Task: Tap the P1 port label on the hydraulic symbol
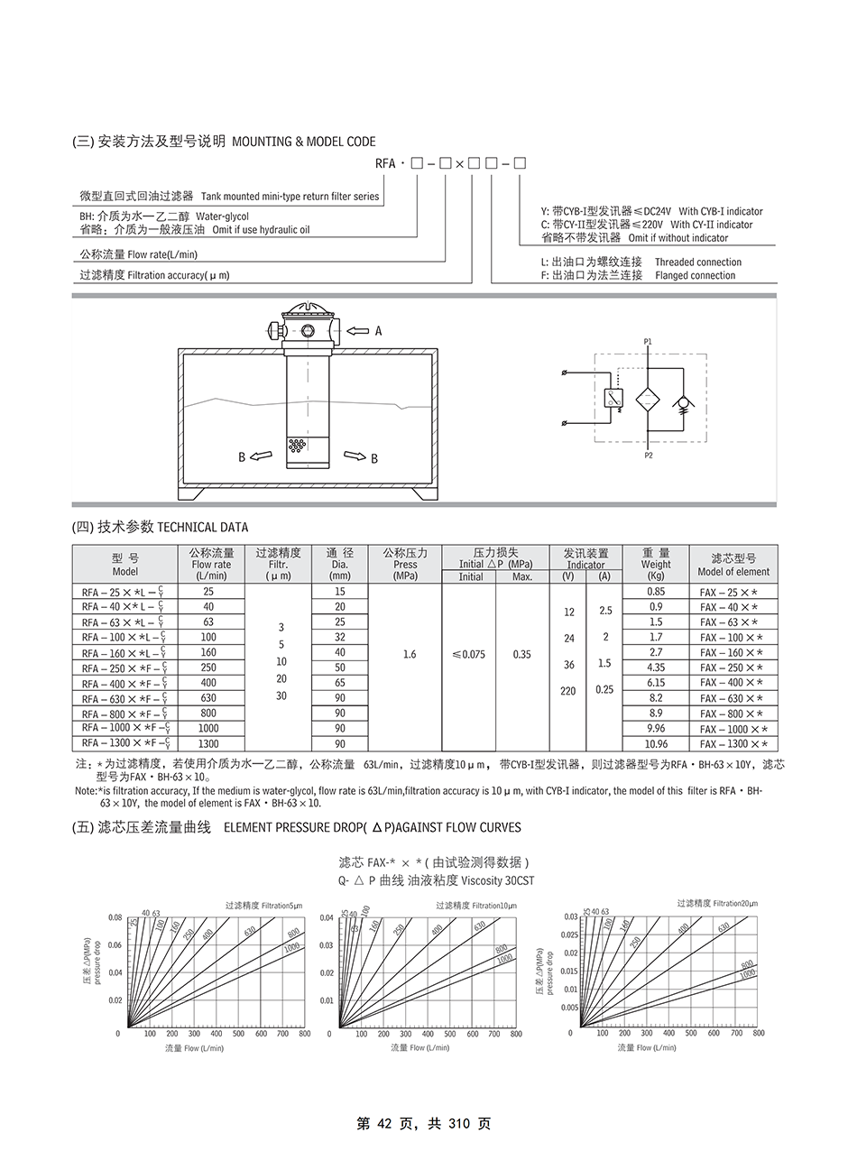648,341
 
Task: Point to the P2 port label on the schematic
649,456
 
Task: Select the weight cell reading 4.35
655,668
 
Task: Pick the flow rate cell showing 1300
208,744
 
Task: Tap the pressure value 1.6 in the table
409,654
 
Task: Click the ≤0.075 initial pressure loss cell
467,654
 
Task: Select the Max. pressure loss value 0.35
521,654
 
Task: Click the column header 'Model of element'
733,571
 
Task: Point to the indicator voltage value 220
568,691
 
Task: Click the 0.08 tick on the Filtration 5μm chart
115,917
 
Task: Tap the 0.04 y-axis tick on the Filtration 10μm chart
327,918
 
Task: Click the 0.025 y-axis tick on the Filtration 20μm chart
568,935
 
